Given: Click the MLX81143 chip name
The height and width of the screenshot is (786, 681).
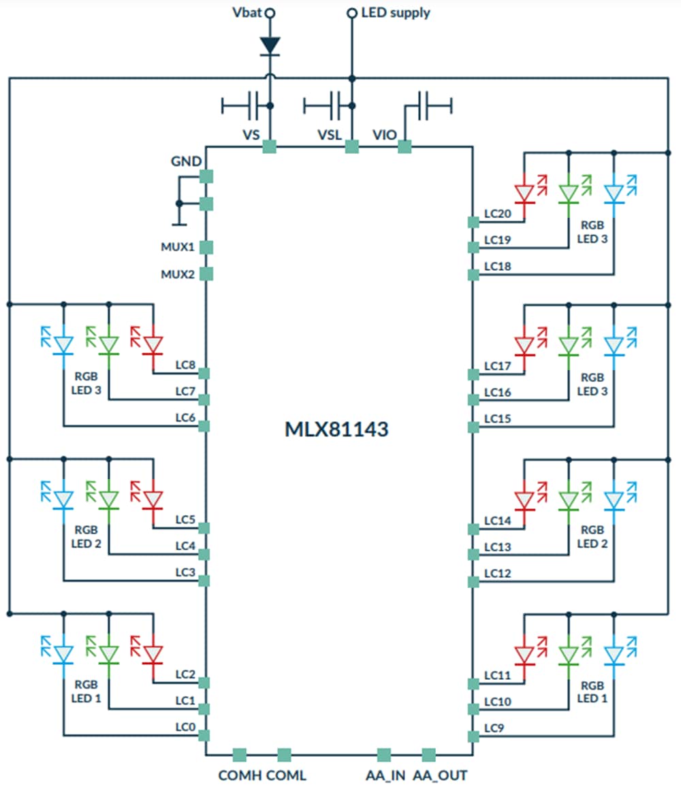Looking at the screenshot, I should tap(336, 429).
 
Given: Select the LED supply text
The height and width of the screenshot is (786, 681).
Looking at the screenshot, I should tap(396, 12).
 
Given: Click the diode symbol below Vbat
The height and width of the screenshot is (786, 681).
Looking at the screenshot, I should tap(270, 45).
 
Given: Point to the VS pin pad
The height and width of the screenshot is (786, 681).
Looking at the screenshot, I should tap(270, 146).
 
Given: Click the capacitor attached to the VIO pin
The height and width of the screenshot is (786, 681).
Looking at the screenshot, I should tap(428, 105).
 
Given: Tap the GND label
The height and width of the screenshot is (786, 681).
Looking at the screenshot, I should tap(185, 162).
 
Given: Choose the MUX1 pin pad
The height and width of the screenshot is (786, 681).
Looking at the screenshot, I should tap(206, 247).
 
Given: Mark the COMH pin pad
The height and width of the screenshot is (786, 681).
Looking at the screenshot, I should tap(239, 754).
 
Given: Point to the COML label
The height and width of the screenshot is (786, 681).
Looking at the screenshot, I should tap(286, 775).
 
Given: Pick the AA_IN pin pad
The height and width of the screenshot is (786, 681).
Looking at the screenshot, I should tap(384, 754).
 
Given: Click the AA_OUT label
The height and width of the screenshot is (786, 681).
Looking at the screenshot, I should tap(440, 775).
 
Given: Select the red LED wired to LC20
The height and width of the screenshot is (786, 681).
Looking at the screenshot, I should tap(524, 193).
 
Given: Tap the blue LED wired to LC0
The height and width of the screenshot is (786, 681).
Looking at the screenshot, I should tap(63, 653).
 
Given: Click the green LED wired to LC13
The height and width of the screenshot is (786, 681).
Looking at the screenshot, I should tap(569, 500).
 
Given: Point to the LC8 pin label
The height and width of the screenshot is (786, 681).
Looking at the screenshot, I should tap(185, 365).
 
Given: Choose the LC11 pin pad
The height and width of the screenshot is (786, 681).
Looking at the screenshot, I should tap(473, 683).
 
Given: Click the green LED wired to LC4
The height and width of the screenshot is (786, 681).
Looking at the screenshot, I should tap(108, 500).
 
